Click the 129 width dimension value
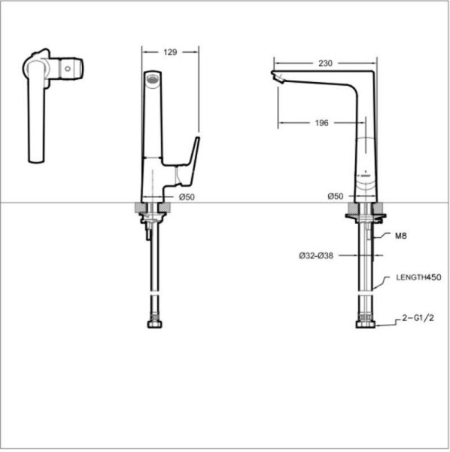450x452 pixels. pos(170,52)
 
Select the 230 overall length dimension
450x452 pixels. pos(325,63)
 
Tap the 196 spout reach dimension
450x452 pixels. pos(321,123)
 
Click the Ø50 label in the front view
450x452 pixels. pos(187,197)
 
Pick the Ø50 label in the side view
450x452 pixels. pos(336,197)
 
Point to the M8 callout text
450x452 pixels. pos(401,236)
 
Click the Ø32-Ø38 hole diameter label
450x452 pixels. pos(316,255)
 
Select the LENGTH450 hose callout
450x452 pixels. pos(418,277)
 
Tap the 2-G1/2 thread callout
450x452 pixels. pos(418,318)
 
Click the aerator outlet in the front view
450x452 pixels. pos(153,79)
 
